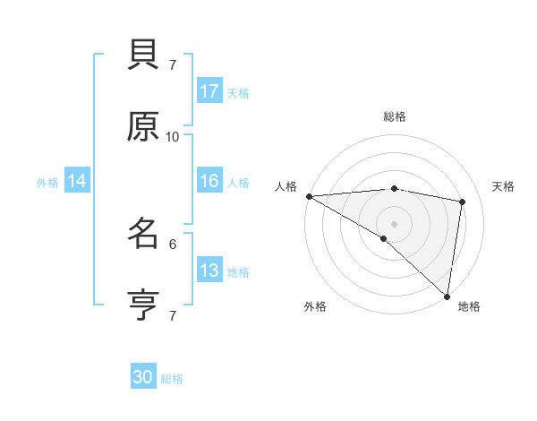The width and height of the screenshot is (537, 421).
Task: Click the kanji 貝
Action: pos(143,57)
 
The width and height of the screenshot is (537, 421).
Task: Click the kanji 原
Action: pos(143,127)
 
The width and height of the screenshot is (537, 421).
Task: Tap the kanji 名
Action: pos(143,234)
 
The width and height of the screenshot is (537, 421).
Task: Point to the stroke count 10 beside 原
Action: pos(173,137)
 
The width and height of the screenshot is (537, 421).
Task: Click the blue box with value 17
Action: pos(209,91)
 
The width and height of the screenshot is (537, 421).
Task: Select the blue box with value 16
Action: pos(209,181)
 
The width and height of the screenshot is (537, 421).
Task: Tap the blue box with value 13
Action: pos(209,271)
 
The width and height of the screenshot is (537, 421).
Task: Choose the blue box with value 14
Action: pos(77,181)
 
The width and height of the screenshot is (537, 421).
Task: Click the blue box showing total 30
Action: pos(143,377)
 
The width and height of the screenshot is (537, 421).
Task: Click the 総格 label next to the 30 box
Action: pos(173,379)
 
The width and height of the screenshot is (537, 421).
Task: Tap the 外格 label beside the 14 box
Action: pos(47,183)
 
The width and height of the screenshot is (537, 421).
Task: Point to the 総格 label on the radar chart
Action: pos(395,116)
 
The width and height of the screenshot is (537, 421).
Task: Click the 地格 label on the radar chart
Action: pos(469,306)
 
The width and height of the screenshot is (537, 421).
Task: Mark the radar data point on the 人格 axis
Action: pos(309,196)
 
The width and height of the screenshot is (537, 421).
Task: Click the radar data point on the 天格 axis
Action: pos(463,202)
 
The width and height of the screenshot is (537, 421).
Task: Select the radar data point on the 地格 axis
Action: pos(447,296)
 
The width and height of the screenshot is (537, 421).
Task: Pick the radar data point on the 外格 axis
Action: pos(384,238)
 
